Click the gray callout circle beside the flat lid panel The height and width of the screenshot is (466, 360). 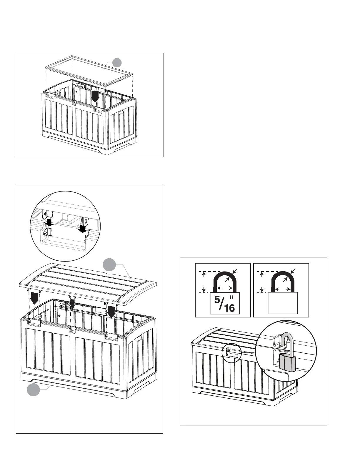click(117, 62)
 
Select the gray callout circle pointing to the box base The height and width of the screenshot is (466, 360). click(34, 389)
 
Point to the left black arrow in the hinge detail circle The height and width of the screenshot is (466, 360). click(50, 222)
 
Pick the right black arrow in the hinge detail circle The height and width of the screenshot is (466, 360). click(83, 229)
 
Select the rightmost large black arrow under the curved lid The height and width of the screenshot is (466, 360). click(111, 311)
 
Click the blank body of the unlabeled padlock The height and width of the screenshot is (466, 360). click(283, 303)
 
